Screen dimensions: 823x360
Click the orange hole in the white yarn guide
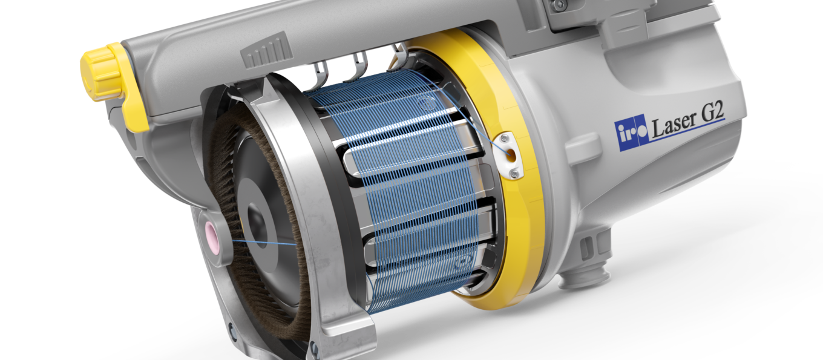click(510, 155)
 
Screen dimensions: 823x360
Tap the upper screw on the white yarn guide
click(505, 139)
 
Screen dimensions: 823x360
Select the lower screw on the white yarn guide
click(515, 173)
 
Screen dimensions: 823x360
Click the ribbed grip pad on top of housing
click(267, 51)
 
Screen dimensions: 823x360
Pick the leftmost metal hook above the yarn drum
click(321, 75)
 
